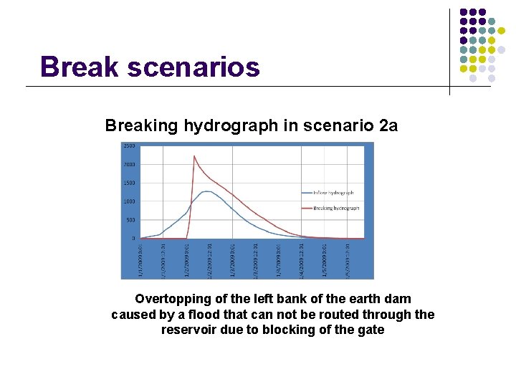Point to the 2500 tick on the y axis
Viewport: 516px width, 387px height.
click(129, 146)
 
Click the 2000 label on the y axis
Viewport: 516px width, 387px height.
click(129, 165)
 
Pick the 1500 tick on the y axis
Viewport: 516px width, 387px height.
click(129, 183)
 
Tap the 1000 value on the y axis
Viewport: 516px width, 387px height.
click(129, 201)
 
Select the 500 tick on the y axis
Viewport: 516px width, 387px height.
click(130, 220)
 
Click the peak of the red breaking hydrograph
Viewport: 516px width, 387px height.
click(194, 156)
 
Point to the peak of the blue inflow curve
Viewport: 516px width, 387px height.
click(206, 191)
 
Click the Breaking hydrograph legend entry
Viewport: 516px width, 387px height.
click(334, 208)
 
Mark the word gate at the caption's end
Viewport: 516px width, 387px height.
click(371, 330)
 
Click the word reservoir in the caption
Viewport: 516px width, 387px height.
click(188, 330)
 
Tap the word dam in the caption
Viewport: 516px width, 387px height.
click(399, 299)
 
